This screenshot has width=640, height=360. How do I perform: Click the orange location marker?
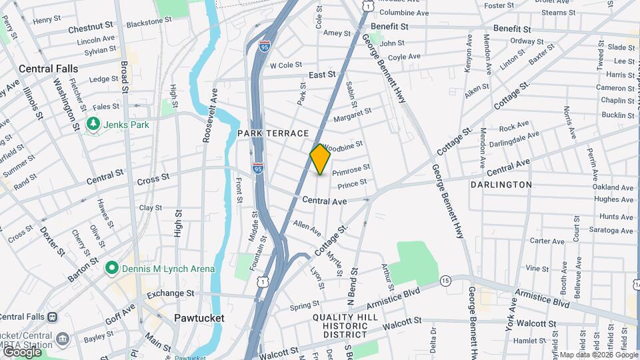click(x=320, y=159)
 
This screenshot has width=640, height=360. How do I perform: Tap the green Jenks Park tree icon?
click(x=93, y=124)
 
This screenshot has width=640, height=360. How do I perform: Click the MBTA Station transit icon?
click(x=63, y=339)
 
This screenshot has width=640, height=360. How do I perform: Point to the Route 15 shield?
click(x=445, y=280)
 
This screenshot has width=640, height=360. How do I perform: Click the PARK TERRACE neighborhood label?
click(x=273, y=133)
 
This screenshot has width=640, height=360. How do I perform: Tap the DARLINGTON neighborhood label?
click(x=501, y=185)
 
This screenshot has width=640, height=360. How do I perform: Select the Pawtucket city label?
click(x=199, y=318)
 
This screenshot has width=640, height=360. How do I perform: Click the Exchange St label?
click(x=170, y=293)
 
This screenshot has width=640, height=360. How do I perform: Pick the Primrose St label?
click(x=351, y=171)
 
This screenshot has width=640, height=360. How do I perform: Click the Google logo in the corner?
click(x=21, y=351)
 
